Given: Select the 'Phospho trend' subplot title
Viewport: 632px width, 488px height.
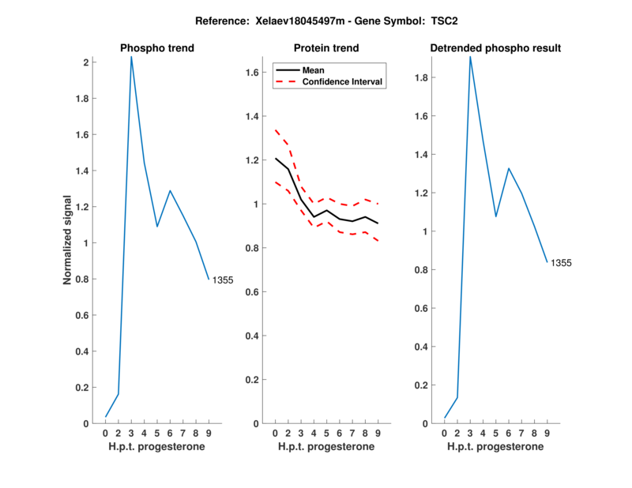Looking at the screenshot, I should (157, 48).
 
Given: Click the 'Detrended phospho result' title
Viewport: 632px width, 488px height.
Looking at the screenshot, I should (495, 48).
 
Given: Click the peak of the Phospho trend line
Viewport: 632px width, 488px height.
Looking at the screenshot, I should (131, 57).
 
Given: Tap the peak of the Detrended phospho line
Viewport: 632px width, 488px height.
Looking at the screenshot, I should (470, 57).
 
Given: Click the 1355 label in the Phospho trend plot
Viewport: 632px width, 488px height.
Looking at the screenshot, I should (223, 280).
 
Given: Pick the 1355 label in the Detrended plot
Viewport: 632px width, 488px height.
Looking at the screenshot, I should (561, 263).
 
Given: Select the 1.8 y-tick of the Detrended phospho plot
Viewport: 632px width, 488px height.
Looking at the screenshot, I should (425, 77).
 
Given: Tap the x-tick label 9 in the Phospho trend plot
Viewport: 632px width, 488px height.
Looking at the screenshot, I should (209, 433).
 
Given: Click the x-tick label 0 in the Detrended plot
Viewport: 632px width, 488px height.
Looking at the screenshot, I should (445, 433).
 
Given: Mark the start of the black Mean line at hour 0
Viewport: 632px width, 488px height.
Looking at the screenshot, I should (275, 159).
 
